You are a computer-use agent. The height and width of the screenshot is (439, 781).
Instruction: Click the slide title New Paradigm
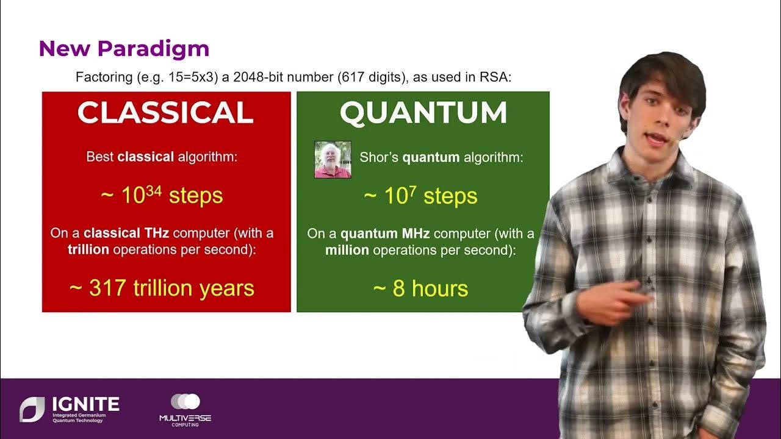[124, 49]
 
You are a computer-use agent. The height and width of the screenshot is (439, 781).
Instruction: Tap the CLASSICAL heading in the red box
[165, 113]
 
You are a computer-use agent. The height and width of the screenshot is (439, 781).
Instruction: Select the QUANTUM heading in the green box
[423, 113]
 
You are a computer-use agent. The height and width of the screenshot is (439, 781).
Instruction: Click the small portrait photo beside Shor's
[333, 160]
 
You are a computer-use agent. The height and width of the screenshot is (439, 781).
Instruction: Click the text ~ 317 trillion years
[162, 288]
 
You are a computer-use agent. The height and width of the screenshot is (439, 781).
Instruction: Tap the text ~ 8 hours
[421, 288]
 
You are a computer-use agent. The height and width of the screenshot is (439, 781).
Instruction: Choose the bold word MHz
[442, 234]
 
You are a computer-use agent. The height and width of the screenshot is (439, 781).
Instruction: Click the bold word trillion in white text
[88, 250]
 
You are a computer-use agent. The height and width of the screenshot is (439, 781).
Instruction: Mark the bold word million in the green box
[347, 250]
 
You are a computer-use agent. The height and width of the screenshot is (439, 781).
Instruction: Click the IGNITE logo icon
[32, 409]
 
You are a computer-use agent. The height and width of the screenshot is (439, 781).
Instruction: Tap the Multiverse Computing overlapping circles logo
[185, 401]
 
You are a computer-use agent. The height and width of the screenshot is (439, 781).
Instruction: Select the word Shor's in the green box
[379, 157]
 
